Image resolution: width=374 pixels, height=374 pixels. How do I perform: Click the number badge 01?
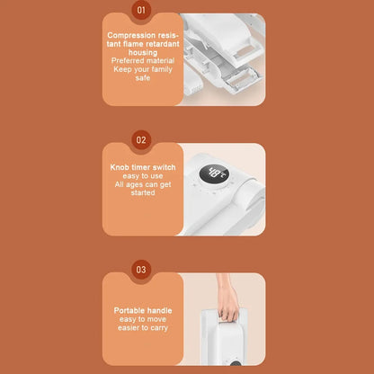(x=141, y=10)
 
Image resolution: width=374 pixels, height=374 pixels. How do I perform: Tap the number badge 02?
(x=141, y=140)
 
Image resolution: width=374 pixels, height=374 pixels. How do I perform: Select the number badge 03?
(x=141, y=270)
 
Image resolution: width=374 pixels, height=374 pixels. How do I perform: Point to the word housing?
(x=143, y=52)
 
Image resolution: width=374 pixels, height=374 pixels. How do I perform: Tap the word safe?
(x=143, y=78)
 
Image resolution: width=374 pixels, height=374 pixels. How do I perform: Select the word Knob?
(x=120, y=167)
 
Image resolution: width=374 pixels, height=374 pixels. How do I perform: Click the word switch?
(x=164, y=167)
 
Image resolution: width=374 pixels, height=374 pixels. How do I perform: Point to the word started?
(x=143, y=192)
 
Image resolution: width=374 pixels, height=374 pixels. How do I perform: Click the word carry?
(x=159, y=328)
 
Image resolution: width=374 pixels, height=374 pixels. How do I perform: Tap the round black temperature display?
(x=214, y=174)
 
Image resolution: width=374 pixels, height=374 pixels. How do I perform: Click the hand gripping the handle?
(x=227, y=306)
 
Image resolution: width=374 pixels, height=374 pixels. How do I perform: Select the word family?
(x=162, y=69)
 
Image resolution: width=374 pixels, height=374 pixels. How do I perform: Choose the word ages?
(x=134, y=184)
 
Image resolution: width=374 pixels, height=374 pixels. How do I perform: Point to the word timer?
(x=141, y=167)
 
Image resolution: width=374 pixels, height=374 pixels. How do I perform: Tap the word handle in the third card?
(x=160, y=310)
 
